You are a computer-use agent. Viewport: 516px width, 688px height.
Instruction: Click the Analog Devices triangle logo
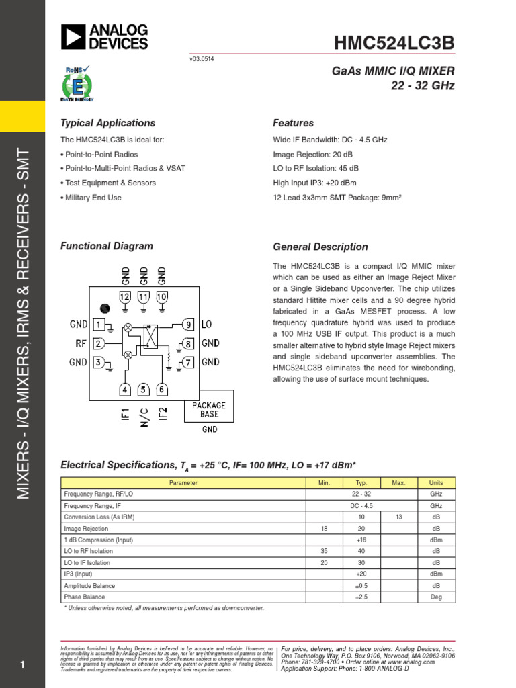[73, 37]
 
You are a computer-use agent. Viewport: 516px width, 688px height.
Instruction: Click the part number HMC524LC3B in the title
[394, 43]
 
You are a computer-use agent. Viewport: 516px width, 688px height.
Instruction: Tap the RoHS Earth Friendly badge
[77, 84]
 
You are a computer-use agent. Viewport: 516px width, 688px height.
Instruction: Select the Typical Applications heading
[107, 123]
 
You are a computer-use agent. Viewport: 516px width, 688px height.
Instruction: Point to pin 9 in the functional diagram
[189, 325]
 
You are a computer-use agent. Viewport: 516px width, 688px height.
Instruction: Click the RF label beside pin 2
[81, 344]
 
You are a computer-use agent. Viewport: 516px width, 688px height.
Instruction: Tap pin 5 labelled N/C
[144, 390]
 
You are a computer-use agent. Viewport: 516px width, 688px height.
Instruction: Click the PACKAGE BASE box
[209, 410]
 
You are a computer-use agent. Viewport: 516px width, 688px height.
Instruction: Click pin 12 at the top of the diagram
[125, 296]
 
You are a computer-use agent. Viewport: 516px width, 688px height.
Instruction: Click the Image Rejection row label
[85, 529]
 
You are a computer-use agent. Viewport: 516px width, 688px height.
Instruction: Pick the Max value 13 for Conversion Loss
[398, 517]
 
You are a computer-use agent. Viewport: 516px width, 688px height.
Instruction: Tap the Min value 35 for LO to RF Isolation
[324, 551]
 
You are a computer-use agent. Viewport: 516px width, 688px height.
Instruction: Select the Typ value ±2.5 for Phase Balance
[361, 597]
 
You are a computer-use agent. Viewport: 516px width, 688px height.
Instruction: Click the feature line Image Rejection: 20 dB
[312, 155]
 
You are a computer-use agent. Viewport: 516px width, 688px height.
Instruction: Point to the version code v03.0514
[202, 59]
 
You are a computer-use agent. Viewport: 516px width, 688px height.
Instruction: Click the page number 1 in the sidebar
[22, 665]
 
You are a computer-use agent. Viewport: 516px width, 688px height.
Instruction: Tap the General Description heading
[320, 247]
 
